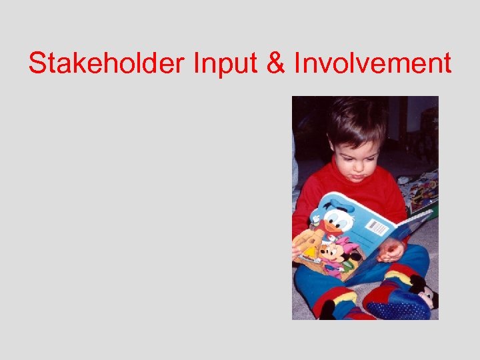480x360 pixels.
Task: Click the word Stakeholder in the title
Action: click(107, 64)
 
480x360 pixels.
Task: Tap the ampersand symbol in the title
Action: click(273, 64)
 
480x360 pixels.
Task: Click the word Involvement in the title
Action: click(371, 64)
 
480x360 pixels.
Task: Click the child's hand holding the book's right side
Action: click(391, 250)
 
